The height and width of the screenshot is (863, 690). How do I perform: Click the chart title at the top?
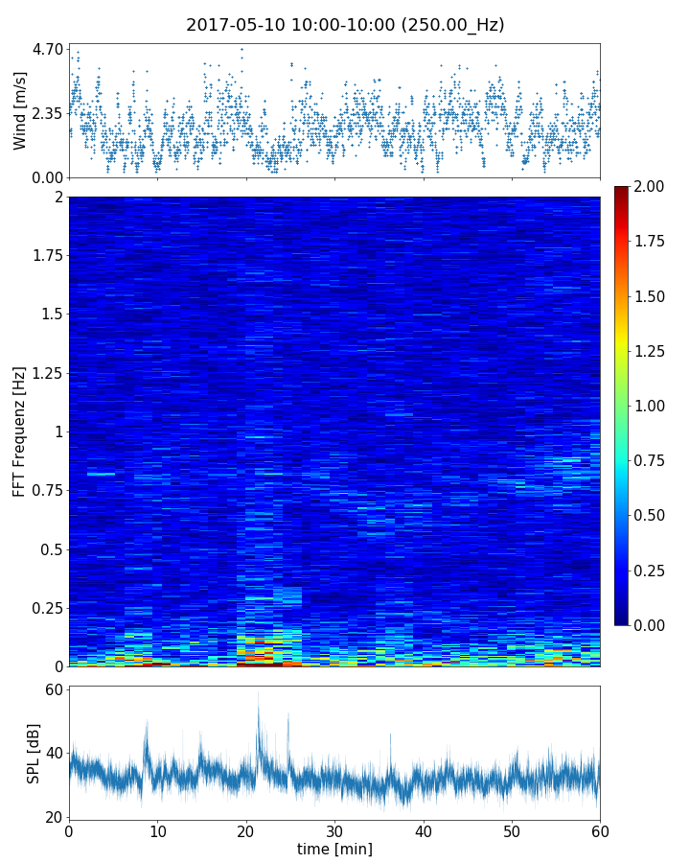[345, 25]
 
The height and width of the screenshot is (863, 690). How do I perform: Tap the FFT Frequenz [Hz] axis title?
[19, 431]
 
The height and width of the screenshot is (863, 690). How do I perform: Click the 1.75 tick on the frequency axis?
[45, 256]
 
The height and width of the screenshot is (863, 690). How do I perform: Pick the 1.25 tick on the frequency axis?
[45, 373]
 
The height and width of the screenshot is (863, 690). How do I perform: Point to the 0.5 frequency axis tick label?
[51, 549]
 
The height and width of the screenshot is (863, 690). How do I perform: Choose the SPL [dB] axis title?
[34, 753]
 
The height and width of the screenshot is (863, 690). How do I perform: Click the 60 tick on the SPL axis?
[54, 690]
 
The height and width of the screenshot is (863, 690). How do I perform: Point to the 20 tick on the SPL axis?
[54, 817]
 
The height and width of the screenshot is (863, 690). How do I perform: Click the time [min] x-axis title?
[334, 849]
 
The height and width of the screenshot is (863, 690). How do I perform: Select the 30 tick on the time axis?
[334, 830]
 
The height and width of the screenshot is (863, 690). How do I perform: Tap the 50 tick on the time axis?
[512, 830]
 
